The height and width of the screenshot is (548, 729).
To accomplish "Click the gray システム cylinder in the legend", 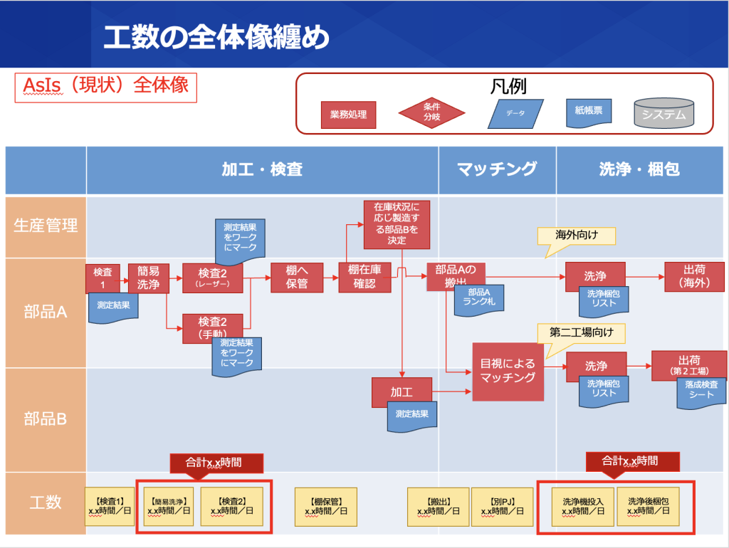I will [664, 113].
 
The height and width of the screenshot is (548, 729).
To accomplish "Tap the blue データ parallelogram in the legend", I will [515, 113].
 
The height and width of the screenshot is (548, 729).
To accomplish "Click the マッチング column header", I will [497, 169].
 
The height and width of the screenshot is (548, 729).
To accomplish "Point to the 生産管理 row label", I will [46, 226].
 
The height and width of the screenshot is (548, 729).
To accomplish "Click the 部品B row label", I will [46, 418].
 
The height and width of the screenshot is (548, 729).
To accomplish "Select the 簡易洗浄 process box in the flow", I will [148, 278].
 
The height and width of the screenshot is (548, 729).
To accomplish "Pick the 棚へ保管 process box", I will [297, 278].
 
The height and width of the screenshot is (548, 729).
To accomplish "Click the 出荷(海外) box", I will [694, 276].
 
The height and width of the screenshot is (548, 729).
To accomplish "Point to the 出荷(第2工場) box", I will [689, 366].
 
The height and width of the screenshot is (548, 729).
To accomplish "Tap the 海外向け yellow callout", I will [575, 236].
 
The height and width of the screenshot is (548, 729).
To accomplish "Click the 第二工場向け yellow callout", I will [582, 332].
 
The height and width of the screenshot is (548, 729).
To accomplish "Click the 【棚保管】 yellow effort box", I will [326, 506].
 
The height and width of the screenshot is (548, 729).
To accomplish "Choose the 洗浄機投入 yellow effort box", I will [577, 506].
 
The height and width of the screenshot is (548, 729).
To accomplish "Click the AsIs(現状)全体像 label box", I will [105, 85].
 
